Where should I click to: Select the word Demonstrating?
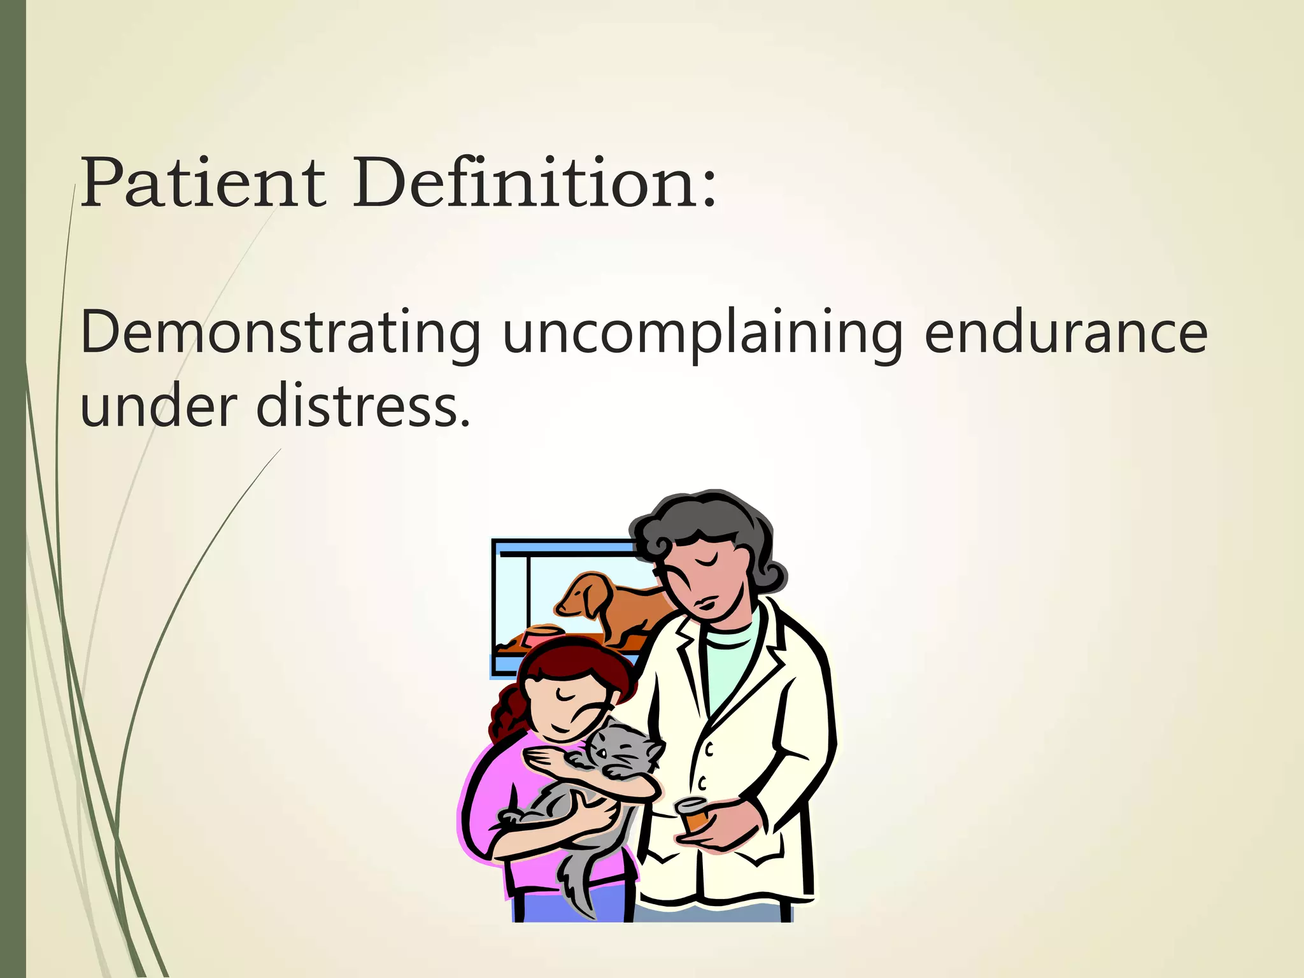tap(280, 332)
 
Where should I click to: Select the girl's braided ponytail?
tap(506, 713)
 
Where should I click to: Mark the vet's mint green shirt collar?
tap(732, 637)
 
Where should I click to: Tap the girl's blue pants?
tap(573, 904)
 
